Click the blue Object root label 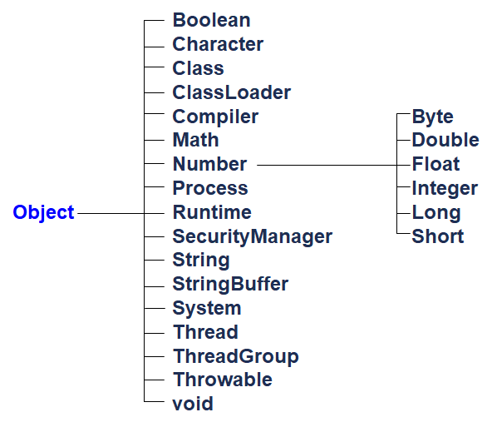point(43,213)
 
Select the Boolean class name point(211,20)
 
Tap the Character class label point(218,44)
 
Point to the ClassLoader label point(232,92)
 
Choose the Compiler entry point(215,117)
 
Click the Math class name point(196,140)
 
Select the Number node point(210,164)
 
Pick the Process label point(210,188)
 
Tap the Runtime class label point(212,212)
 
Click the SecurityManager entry point(253,237)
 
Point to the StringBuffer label point(230,285)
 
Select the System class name point(207,309)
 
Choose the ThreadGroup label point(236,357)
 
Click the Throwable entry point(223,380)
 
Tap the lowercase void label point(193,404)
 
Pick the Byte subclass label point(432,117)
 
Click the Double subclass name point(445,140)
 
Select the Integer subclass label point(445,189)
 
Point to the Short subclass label point(438,236)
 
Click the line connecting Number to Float point(334,165)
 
